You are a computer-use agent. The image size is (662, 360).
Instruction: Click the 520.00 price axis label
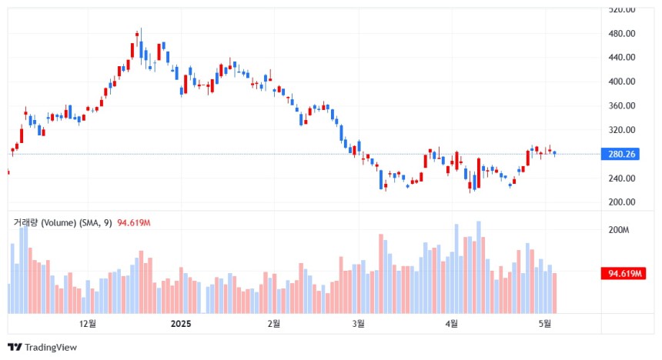click(x=621, y=10)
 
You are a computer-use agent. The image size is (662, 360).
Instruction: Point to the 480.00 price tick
click(x=621, y=34)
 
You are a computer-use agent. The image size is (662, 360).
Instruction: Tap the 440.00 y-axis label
click(x=621, y=58)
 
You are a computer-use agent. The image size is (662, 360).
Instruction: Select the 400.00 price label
click(x=621, y=82)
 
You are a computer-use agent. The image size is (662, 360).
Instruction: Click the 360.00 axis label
click(x=621, y=106)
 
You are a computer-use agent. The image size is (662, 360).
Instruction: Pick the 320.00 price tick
click(x=621, y=130)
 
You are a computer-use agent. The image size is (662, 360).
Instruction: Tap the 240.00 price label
click(x=621, y=178)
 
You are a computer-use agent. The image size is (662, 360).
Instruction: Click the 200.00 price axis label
click(x=621, y=202)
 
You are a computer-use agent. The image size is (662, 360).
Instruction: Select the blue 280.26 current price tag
click(x=622, y=155)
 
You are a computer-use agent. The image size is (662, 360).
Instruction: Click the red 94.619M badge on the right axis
click(x=625, y=274)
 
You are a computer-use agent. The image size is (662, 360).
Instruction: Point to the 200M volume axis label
click(x=619, y=230)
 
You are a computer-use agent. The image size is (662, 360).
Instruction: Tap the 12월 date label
click(x=88, y=324)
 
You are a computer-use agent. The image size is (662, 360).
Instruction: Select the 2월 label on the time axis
click(x=273, y=324)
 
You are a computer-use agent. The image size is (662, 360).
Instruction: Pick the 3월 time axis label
click(x=359, y=324)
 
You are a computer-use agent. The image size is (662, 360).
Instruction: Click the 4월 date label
click(x=452, y=324)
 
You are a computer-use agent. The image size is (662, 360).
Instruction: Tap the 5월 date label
click(x=544, y=324)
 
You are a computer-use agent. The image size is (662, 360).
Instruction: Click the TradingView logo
click(x=42, y=347)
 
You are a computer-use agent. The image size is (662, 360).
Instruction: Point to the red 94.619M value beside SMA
click(x=133, y=223)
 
